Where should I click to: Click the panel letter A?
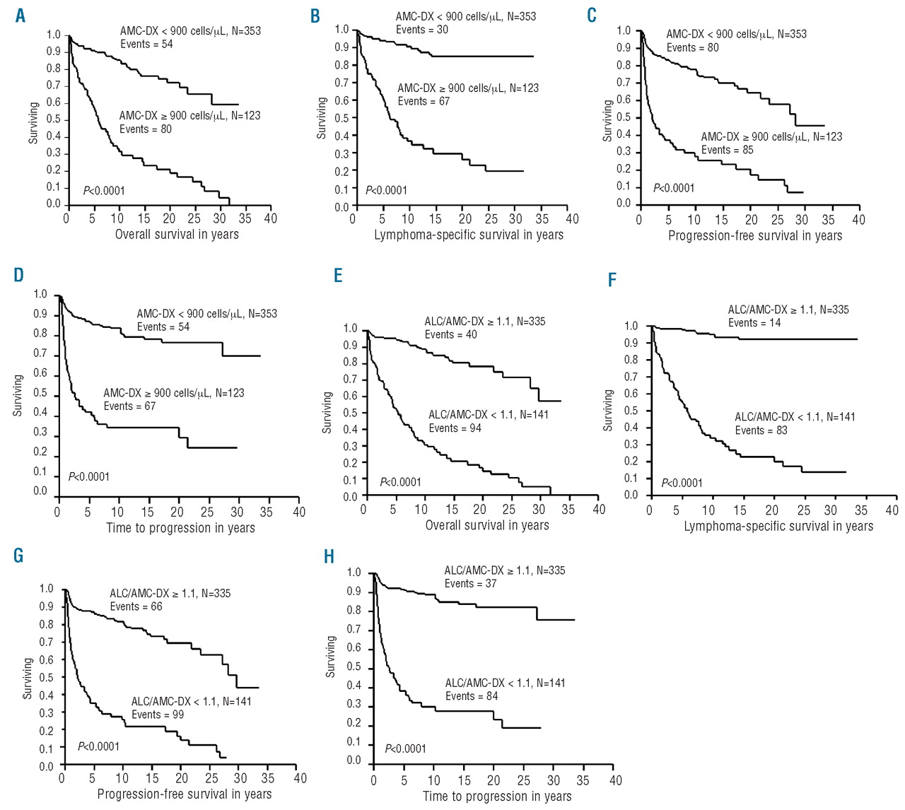pyautogui.click(x=21, y=16)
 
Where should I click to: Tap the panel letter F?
pyautogui.click(x=612, y=281)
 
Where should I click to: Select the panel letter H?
pyautogui.click(x=329, y=557)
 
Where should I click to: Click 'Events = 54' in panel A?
pyautogui.click(x=146, y=45)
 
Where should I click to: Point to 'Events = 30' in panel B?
pyautogui.click(x=422, y=30)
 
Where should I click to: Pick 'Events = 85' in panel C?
pyautogui.click(x=727, y=150)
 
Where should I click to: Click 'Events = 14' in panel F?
pyautogui.click(x=754, y=323)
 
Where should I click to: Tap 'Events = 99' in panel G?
pyautogui.click(x=158, y=715)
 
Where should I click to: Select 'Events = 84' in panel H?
pyautogui.click(x=472, y=696)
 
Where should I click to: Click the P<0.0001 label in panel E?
pyautogui.click(x=400, y=482)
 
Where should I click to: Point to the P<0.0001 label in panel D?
pyautogui.click(x=89, y=477)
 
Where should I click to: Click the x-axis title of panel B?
pyautogui.click(x=469, y=235)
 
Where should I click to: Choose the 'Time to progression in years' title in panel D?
pyautogui.click(x=180, y=528)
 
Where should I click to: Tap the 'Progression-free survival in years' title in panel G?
pyautogui.click(x=185, y=794)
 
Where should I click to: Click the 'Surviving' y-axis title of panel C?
pyautogui.click(x=607, y=121)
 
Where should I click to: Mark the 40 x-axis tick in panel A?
pyautogui.click(x=270, y=218)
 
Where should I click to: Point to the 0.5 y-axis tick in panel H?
pyautogui.click(x=354, y=667)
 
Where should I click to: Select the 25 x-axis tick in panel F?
pyautogui.click(x=804, y=510)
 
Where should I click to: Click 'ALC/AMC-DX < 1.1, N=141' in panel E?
pyautogui.click(x=489, y=415)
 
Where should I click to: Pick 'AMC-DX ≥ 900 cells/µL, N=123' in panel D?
pyautogui.click(x=174, y=393)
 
